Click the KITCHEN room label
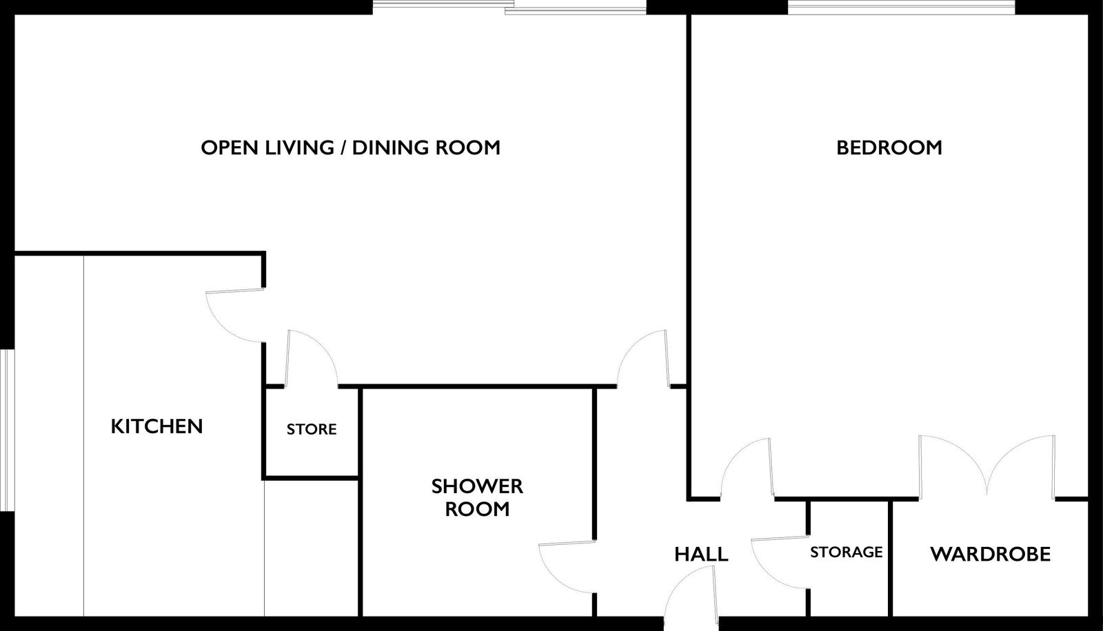tap(156, 426)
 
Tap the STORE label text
tap(312, 429)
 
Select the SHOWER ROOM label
tap(477, 497)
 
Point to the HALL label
tap(701, 555)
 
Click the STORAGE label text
tap(847, 552)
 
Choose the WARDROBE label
tap(990, 555)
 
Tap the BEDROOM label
tap(889, 147)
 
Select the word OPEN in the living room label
tap(230, 147)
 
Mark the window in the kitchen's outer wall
tap(7, 430)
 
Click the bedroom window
tap(900, 8)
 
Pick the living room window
tap(509, 8)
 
